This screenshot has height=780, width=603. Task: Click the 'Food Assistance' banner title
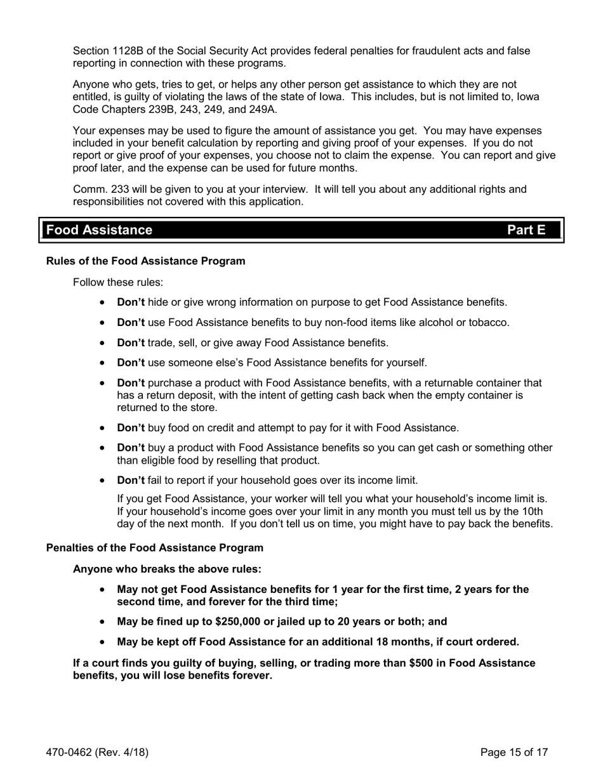(99, 230)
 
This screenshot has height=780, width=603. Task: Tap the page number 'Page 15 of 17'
(514, 753)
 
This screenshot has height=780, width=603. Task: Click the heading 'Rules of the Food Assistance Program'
(145, 261)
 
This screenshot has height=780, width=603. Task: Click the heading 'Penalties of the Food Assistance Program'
(154, 547)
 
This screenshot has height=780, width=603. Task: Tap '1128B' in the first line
(128, 51)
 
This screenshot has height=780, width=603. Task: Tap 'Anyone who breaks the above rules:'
(167, 569)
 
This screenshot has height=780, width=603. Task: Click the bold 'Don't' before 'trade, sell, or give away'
(131, 343)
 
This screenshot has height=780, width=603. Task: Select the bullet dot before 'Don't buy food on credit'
(103, 429)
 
